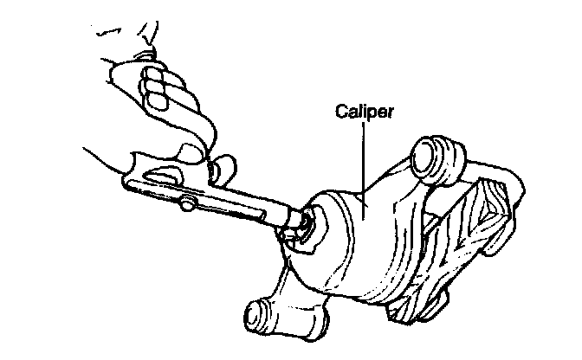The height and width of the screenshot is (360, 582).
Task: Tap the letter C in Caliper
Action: click(340, 112)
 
